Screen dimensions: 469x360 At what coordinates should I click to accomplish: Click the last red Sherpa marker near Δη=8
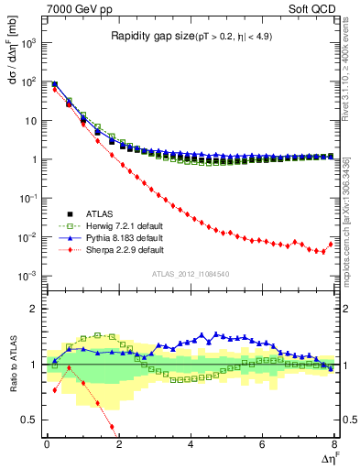(x=331, y=244)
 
